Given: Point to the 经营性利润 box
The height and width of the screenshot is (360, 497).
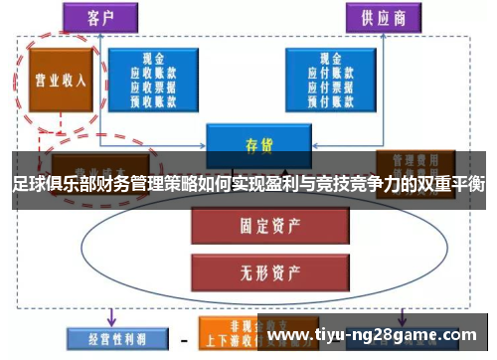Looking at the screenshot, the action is click(106, 338).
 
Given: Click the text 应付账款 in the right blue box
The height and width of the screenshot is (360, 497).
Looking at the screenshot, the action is click(324, 72).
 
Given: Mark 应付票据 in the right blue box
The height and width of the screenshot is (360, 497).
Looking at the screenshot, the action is click(324, 85).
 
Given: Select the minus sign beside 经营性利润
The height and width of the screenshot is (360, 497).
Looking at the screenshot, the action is click(183, 338).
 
